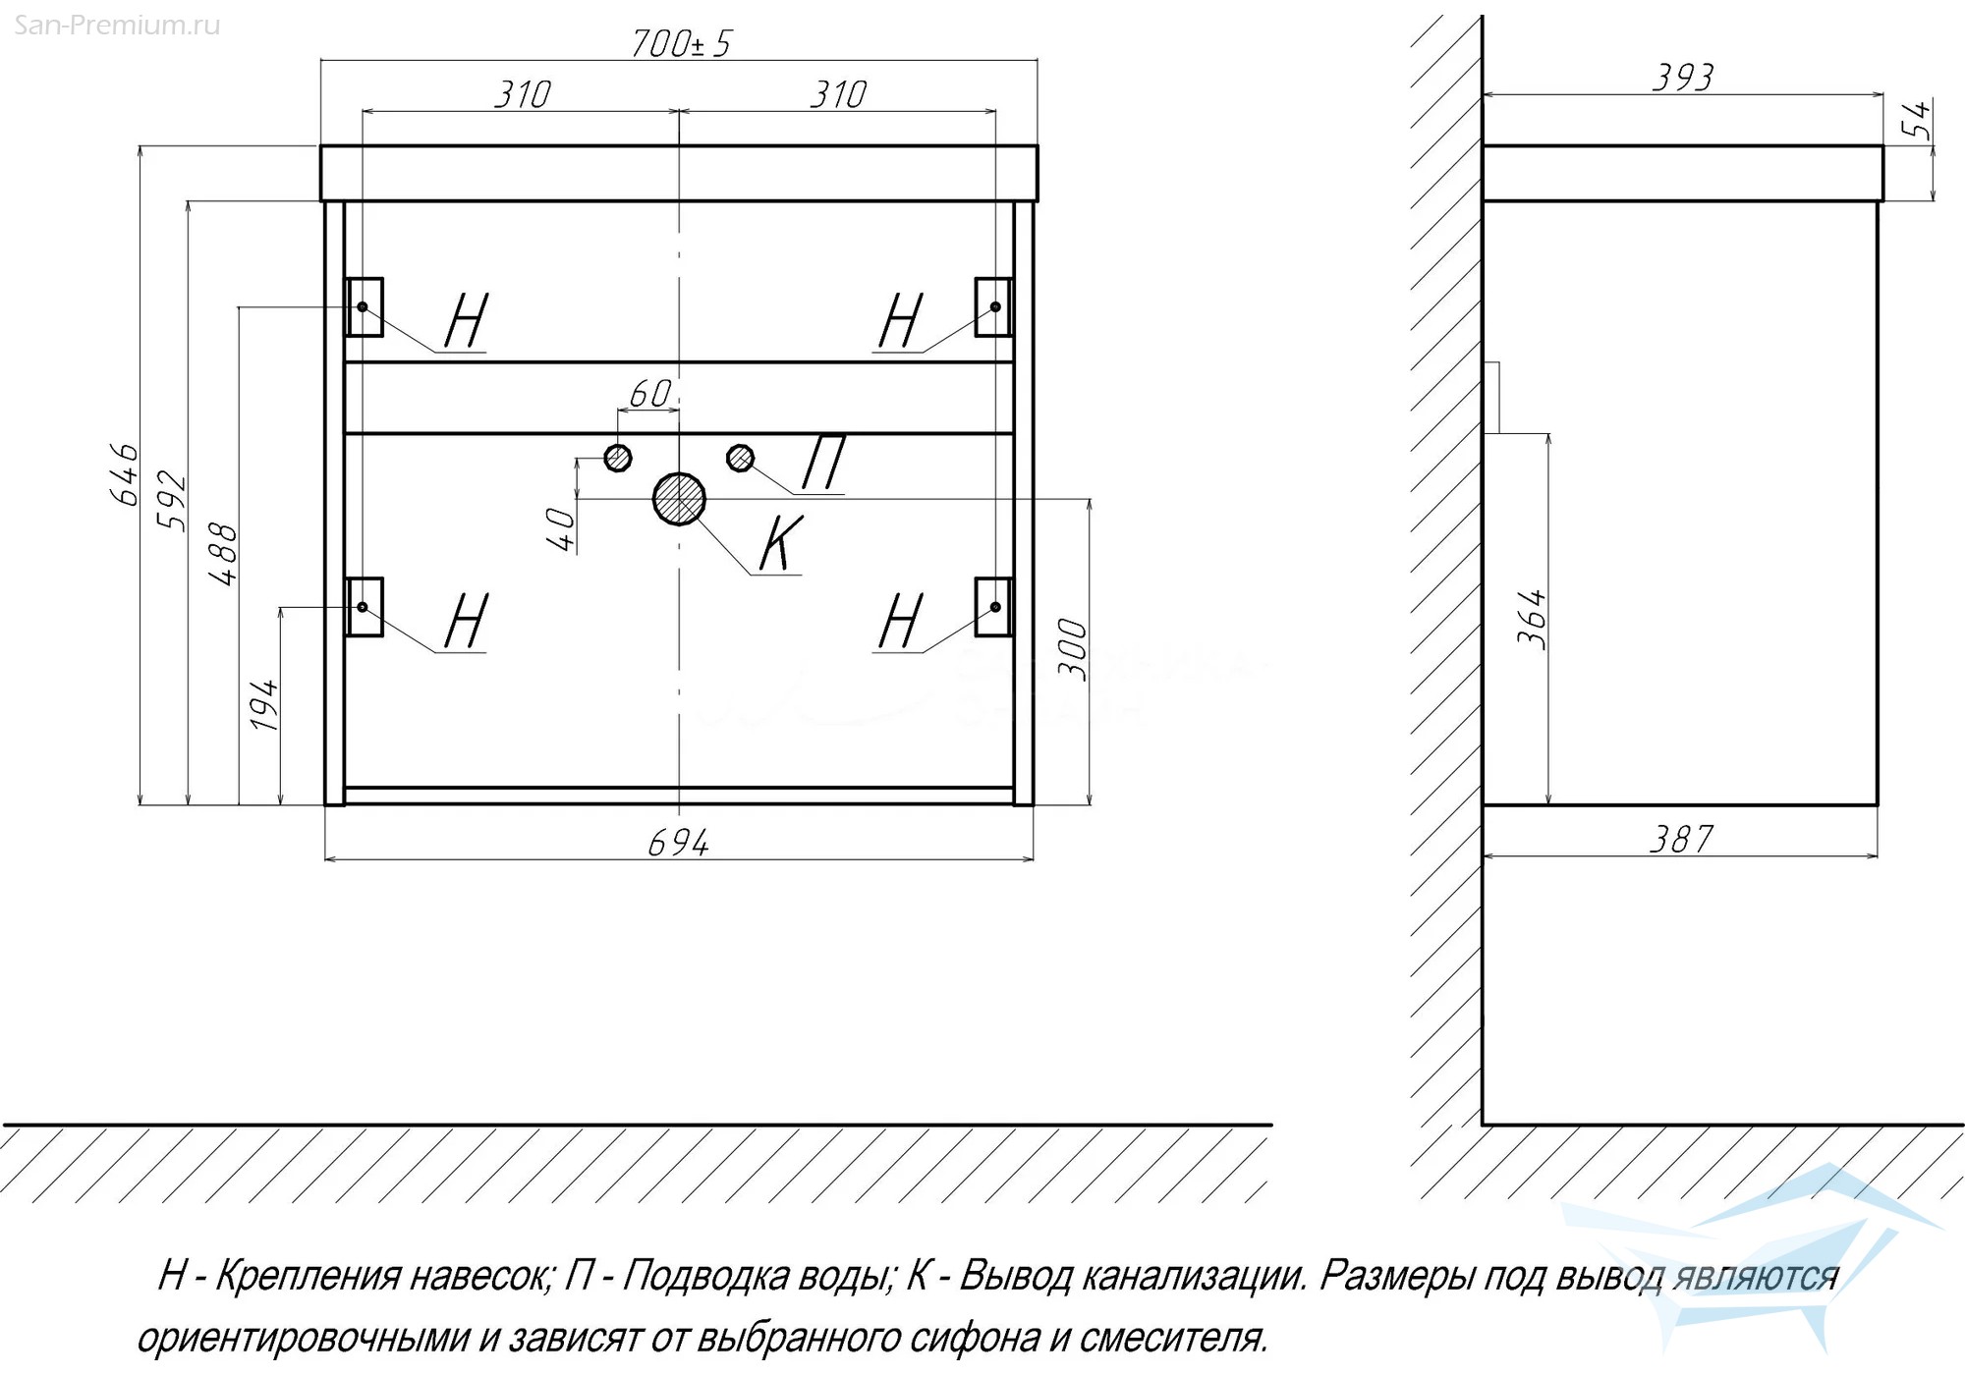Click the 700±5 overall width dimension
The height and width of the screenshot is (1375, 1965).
(681, 43)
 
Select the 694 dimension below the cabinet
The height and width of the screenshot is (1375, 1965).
(678, 842)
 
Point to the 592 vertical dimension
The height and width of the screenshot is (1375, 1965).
(172, 501)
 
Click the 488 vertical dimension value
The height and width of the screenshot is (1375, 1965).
(224, 555)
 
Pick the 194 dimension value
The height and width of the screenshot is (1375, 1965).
(264, 704)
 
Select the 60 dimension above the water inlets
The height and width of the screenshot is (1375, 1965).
(649, 394)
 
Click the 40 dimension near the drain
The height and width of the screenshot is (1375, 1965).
(561, 529)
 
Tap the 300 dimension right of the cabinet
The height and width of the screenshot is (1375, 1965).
(1073, 649)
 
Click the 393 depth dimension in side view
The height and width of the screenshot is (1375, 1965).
(1682, 78)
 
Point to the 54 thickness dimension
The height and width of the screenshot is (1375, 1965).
(1917, 120)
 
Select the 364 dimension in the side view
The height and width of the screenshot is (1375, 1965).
(1532, 619)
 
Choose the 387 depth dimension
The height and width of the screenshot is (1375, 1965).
(1681, 840)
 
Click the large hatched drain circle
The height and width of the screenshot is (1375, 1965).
(679, 499)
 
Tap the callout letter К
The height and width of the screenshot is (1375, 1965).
(781, 543)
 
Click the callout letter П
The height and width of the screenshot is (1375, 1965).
(823, 462)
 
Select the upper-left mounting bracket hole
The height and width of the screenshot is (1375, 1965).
(363, 307)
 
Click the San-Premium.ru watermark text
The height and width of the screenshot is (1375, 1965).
(117, 26)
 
